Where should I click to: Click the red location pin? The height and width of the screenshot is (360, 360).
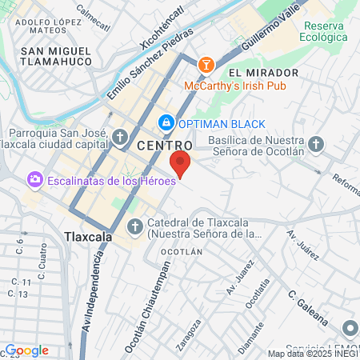pos(180,163)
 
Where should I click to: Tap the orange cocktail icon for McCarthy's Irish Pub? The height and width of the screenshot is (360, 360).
pos(205,65)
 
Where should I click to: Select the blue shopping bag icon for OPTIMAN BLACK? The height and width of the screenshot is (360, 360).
pos(166,123)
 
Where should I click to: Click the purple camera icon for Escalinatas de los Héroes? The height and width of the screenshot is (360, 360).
pos(35,180)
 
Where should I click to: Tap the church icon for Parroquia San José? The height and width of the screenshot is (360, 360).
pos(120,138)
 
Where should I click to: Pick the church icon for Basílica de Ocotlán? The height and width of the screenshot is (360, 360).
pos(317,145)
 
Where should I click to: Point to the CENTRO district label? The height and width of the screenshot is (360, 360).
pos(164,145)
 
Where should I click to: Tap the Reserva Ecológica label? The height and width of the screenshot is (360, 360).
pos(324,31)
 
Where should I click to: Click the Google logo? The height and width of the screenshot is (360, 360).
pos(26,350)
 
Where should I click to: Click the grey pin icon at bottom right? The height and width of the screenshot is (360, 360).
pos(350,329)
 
